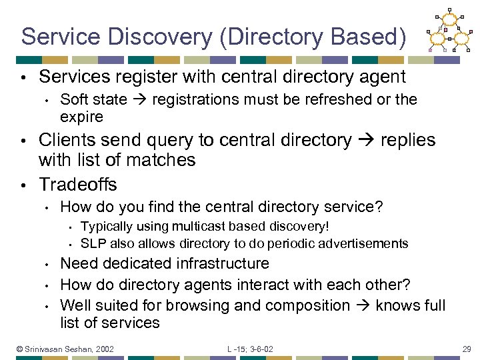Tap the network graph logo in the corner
(x=451, y=31)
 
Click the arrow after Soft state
(x=139, y=100)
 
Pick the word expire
(x=81, y=117)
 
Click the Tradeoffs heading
(x=78, y=184)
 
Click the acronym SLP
(x=92, y=243)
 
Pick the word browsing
(x=197, y=305)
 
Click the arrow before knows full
(x=363, y=305)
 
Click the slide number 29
(x=467, y=349)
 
